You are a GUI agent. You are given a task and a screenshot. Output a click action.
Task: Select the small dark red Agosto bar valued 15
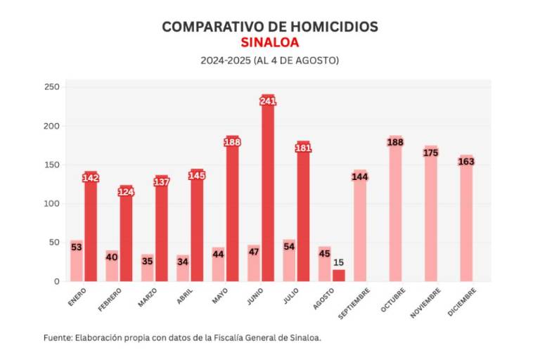339,275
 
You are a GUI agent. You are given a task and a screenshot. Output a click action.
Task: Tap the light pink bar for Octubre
395,211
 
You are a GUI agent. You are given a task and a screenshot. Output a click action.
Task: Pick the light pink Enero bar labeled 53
76,264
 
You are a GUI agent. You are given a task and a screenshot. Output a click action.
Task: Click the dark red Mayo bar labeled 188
233,211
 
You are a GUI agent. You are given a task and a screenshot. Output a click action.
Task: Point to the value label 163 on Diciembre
466,161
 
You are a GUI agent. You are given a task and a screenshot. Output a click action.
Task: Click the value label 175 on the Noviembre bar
431,152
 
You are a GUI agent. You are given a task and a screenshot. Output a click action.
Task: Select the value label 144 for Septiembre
360,176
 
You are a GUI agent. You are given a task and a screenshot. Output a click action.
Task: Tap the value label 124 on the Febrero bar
126,192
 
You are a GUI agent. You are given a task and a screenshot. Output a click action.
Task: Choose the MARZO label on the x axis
148,297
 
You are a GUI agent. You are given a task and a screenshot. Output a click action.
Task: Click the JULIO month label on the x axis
290,296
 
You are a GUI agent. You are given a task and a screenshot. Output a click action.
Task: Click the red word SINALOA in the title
269,42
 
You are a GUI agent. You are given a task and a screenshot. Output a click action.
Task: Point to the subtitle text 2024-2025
224,60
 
